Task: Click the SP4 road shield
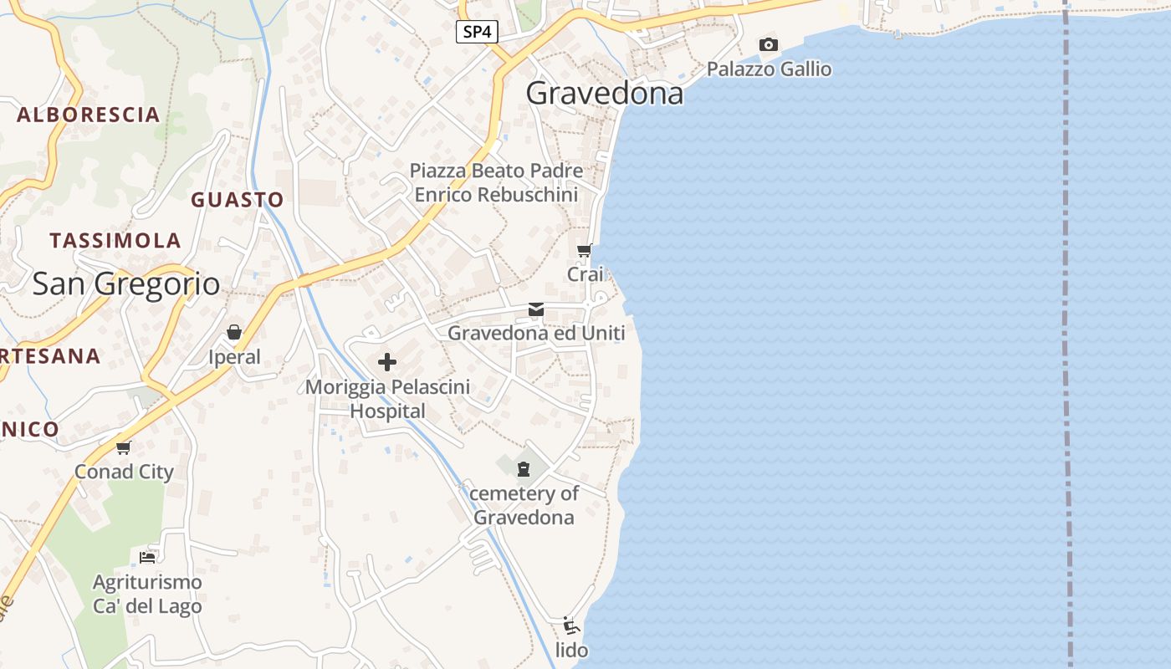[x=478, y=33]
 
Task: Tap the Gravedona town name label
[x=604, y=93]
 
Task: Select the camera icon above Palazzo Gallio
[x=768, y=44]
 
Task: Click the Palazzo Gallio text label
[x=769, y=69]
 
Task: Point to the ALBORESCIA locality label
[x=88, y=115]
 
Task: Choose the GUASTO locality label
[x=238, y=200]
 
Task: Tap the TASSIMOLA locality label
[x=115, y=241]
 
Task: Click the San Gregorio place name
[x=126, y=284]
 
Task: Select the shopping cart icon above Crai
[x=585, y=250]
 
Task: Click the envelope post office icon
[x=536, y=310]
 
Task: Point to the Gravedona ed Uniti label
[x=536, y=333]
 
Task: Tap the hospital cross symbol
[x=387, y=362]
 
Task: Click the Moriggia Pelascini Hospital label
[x=387, y=399]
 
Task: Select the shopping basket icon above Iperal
[x=234, y=333]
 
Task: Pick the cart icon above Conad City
[x=124, y=447]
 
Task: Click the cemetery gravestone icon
[x=524, y=468]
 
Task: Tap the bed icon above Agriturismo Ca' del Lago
[x=147, y=557]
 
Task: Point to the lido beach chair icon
[x=571, y=626]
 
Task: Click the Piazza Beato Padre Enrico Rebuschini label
[x=496, y=182]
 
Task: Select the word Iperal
[x=234, y=357]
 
